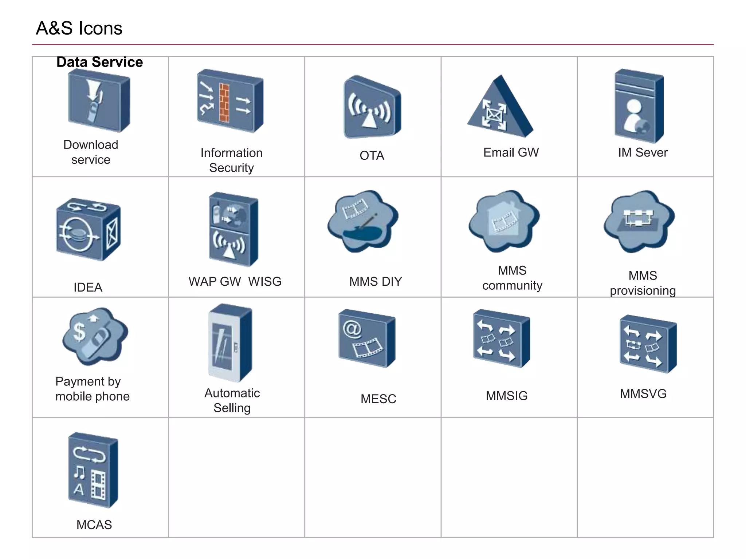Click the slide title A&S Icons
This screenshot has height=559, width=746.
pyautogui.click(x=79, y=28)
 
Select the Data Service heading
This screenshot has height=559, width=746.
pyautogui.click(x=99, y=62)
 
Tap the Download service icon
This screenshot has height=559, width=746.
pyautogui.click(x=99, y=101)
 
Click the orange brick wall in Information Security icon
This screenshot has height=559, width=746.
pyautogui.click(x=224, y=103)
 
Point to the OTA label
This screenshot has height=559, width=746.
pyautogui.click(x=372, y=155)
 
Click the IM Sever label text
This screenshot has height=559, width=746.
pyautogui.click(x=643, y=152)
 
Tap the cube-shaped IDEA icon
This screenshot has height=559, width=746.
pyautogui.click(x=88, y=229)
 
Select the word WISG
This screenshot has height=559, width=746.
pyautogui.click(x=265, y=281)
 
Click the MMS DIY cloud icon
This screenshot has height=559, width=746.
pyautogui.click(x=363, y=221)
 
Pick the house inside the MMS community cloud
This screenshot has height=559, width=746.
pyautogui.click(x=504, y=219)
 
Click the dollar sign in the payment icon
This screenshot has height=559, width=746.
pyautogui.click(x=79, y=331)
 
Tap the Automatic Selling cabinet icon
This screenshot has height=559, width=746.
pyautogui.click(x=230, y=343)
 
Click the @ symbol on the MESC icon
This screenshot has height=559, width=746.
pyautogui.click(x=352, y=329)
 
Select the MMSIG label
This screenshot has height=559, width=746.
pyautogui.click(x=506, y=396)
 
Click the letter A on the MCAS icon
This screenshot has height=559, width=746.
pyautogui.click(x=79, y=489)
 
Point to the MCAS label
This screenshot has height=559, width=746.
pyautogui.click(x=94, y=525)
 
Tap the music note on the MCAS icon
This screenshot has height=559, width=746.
pyautogui.click(x=79, y=473)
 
